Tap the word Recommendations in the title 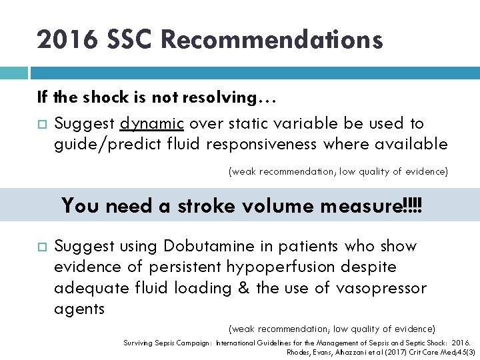pos(271,41)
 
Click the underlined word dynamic pos(153,123)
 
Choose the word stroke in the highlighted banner pos(206,205)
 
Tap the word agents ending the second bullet pos(79,308)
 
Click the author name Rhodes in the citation pos(297,351)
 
